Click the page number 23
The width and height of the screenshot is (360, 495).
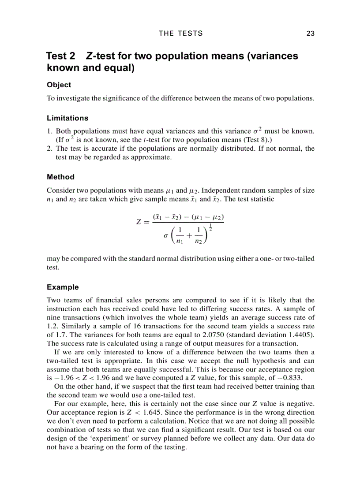pos(310,33)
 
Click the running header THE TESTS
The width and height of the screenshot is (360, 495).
pos(180,33)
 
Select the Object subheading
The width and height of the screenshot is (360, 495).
pos(59,85)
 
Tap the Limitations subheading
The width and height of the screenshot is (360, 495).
pos(67,118)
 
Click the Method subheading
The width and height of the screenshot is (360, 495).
pos(60,177)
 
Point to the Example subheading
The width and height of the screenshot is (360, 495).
pos(63,287)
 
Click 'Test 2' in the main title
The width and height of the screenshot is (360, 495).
pos(60,56)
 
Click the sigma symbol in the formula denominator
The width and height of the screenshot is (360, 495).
pos(165,236)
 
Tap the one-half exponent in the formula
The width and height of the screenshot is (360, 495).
pos(210,227)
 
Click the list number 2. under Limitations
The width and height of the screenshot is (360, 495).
pos(50,149)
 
